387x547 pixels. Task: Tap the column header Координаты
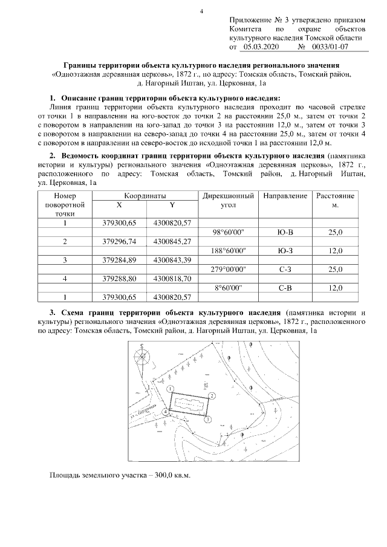click(x=145, y=196)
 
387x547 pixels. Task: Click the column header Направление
click(x=283, y=196)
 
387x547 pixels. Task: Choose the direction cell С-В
click(x=283, y=288)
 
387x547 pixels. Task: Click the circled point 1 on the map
click(x=171, y=389)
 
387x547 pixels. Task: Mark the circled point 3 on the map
click(x=207, y=419)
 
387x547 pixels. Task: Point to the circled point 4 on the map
click(x=165, y=412)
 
